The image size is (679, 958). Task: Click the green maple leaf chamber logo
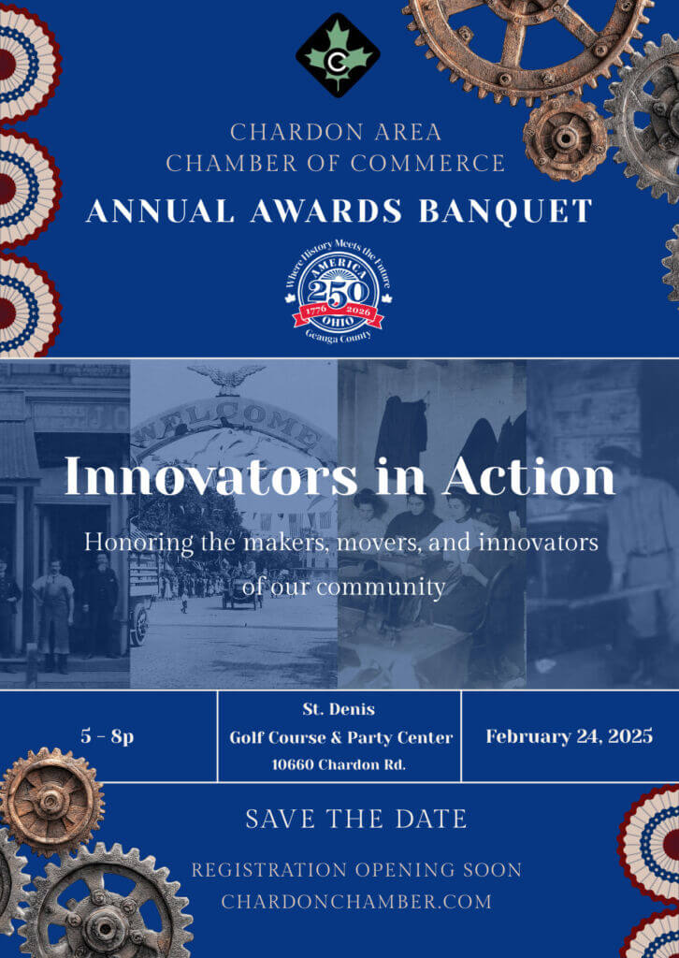click(x=338, y=55)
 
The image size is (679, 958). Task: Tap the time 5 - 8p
click(x=107, y=736)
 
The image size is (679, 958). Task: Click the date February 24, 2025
click(x=569, y=736)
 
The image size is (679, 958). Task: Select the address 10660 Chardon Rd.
click(x=339, y=764)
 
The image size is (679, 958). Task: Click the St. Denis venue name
click(x=339, y=709)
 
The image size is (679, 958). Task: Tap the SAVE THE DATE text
click(x=356, y=820)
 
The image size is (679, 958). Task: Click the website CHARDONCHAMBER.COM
click(x=356, y=902)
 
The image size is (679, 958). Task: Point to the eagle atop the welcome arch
click(x=226, y=378)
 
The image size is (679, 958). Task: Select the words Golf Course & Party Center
click(x=340, y=737)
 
